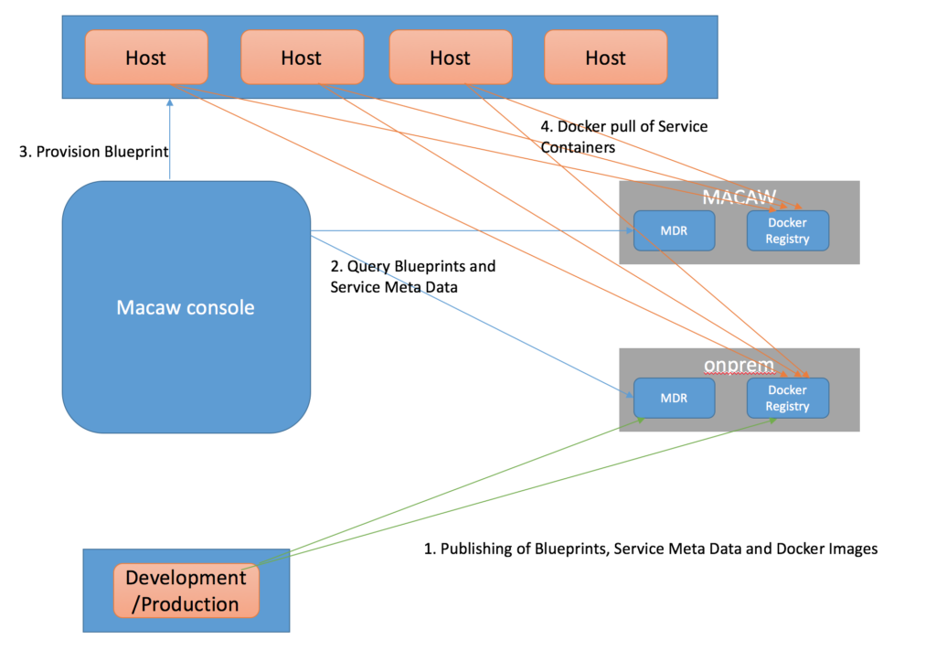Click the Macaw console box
[x=186, y=307]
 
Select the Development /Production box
[x=186, y=591]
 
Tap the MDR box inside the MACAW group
[x=675, y=230]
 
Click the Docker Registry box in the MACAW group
[x=787, y=230]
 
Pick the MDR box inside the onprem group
[x=675, y=398]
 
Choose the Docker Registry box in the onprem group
[x=787, y=398]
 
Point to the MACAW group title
[x=739, y=197]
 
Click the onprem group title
[x=739, y=364]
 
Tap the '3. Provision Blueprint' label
[x=94, y=152]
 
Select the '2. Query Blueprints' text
[x=411, y=266]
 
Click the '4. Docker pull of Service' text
[x=623, y=126]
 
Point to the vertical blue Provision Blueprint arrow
[x=170, y=137]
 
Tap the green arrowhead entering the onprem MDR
[x=642, y=419]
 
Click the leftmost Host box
[x=146, y=58]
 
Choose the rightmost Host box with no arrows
[x=605, y=58]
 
